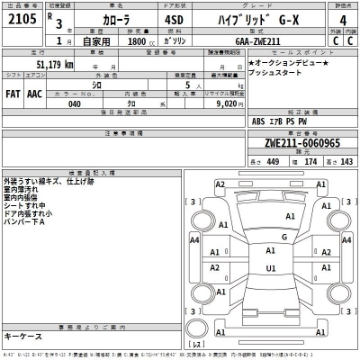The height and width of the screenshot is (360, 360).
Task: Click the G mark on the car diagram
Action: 283,238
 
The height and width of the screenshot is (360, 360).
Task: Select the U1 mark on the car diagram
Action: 271,267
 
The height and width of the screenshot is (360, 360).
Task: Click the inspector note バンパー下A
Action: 25,222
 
